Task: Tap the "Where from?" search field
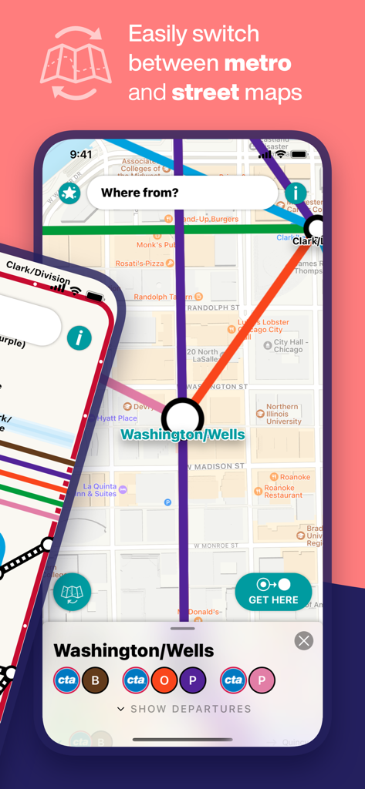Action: click(x=181, y=193)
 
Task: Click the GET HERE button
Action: click(x=273, y=592)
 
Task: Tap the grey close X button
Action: click(x=304, y=640)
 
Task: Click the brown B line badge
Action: click(x=96, y=680)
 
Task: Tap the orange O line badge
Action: click(x=164, y=680)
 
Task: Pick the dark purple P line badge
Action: click(x=193, y=680)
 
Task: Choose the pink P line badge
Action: click(x=262, y=680)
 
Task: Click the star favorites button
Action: click(x=69, y=193)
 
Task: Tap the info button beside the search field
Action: click(x=296, y=193)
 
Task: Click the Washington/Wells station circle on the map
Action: click(x=182, y=417)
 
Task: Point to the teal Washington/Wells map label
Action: click(x=183, y=435)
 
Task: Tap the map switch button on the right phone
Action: click(x=72, y=593)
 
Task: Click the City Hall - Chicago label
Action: click(x=288, y=345)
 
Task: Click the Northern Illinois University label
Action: click(x=283, y=414)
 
